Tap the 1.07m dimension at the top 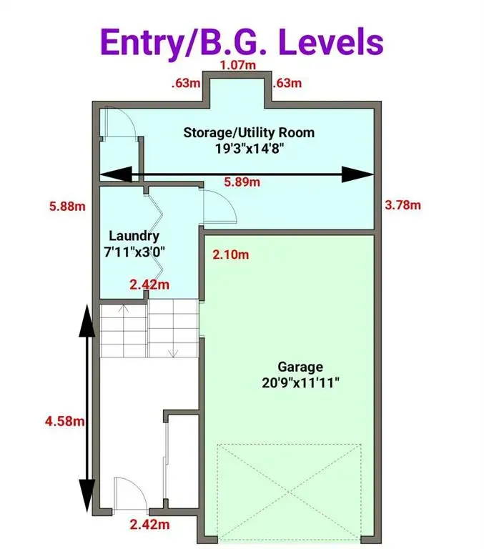(237, 66)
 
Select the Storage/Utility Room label (249, 132)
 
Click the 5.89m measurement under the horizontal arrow (242, 182)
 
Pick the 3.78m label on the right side (402, 205)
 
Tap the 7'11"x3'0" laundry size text (134, 252)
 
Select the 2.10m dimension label (231, 254)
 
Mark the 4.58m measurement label (65, 422)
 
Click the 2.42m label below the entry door (149, 525)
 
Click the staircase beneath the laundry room (148, 328)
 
